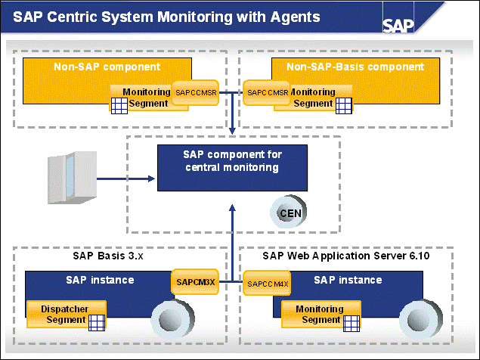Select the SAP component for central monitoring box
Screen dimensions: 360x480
coord(231,161)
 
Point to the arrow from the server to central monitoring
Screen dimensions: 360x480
coord(125,179)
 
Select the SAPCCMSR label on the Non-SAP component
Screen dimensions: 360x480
coord(197,92)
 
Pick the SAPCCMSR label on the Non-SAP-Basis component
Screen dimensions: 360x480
coord(268,93)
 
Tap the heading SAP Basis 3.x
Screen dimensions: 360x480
coord(113,256)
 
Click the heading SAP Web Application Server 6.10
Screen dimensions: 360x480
coord(346,256)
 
